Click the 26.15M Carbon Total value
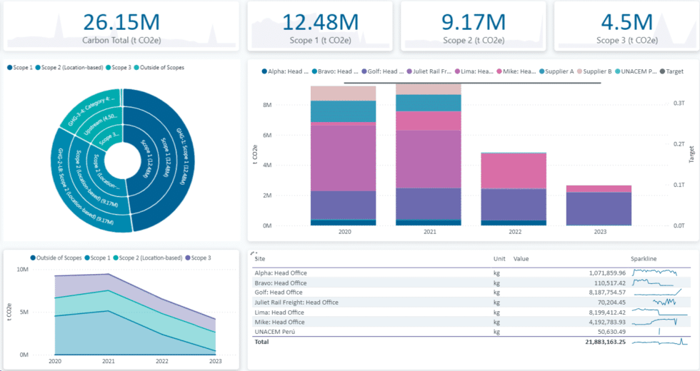click(x=121, y=21)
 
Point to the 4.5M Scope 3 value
click(x=626, y=21)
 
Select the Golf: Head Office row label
click(x=279, y=293)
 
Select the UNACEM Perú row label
click(x=275, y=332)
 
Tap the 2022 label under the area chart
click(x=161, y=362)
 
